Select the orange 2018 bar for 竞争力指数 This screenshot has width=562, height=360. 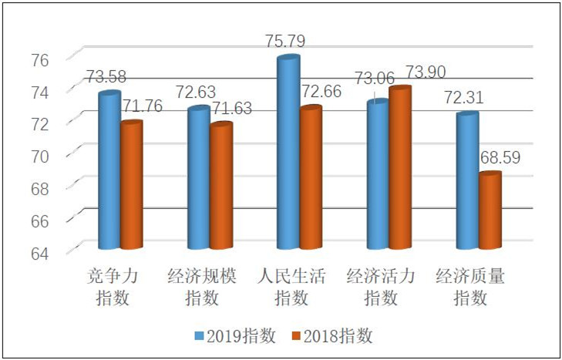[x=132, y=186]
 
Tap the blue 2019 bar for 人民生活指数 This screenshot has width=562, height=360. [x=288, y=153]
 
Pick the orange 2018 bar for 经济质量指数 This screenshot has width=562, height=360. [x=490, y=211]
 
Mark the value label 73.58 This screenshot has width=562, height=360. [x=107, y=76]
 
